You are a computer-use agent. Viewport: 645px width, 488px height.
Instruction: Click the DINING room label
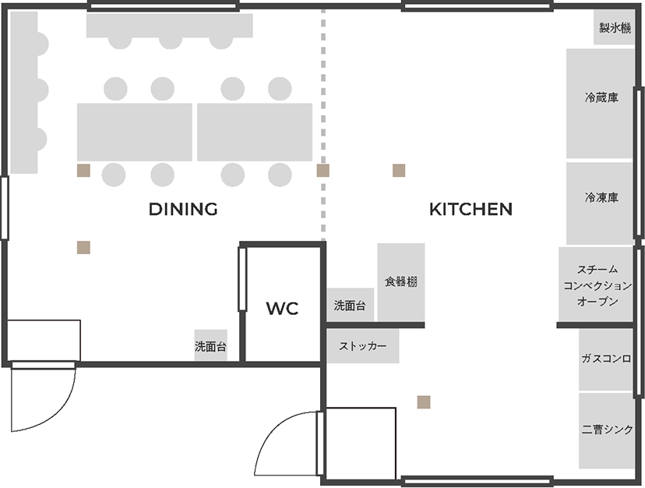click(183, 209)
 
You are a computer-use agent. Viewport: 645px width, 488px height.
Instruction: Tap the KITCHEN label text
click(471, 209)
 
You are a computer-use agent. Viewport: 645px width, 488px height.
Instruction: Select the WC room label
click(282, 309)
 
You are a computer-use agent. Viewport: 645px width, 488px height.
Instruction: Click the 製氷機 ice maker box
click(614, 27)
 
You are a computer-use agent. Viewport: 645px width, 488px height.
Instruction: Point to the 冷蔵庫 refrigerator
click(600, 104)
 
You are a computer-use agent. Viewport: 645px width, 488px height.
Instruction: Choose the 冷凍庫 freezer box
click(600, 203)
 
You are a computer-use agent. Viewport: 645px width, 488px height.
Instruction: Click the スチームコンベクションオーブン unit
click(596, 285)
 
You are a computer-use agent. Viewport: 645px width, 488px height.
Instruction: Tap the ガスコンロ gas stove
click(606, 359)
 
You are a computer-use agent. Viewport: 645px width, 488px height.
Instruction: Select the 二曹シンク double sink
click(606, 431)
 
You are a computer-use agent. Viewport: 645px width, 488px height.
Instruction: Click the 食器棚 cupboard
click(401, 282)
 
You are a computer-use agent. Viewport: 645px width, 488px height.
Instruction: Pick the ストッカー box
click(363, 346)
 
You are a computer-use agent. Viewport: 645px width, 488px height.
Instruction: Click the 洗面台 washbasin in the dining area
click(210, 345)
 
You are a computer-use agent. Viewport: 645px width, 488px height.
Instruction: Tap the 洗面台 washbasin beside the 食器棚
click(350, 305)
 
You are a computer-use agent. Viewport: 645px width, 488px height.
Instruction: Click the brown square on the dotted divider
click(323, 171)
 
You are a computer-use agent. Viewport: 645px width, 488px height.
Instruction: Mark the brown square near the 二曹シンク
click(424, 402)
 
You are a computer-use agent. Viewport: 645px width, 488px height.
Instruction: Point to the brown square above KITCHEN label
click(399, 171)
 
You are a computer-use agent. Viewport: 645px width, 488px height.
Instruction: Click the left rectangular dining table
click(135, 133)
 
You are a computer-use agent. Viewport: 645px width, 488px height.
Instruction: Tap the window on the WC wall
click(242, 279)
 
